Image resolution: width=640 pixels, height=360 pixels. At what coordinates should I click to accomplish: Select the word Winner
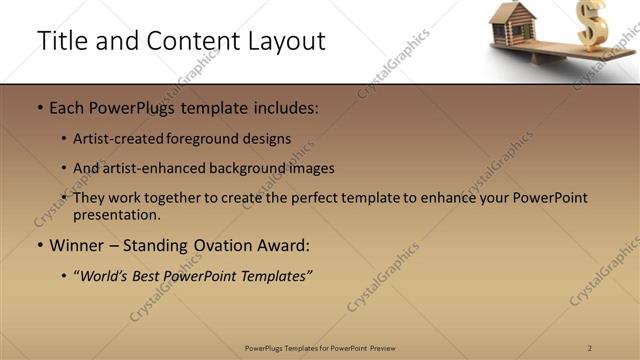[77, 245]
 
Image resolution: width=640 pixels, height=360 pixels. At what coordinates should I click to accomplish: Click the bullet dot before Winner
[40, 246]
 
